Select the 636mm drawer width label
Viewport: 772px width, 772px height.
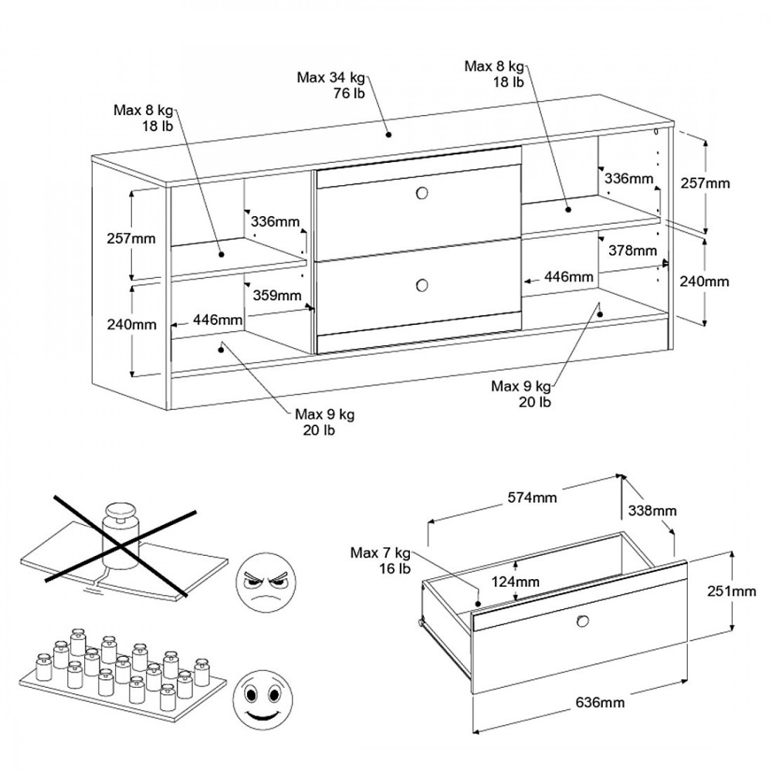600,703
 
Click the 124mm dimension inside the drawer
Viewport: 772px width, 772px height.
516,581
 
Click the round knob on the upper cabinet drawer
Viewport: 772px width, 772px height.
422,194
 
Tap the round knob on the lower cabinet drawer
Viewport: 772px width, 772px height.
422,285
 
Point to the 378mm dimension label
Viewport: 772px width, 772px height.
631,250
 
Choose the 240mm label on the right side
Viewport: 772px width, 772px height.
704,282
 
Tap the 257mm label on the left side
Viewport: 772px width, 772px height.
130,238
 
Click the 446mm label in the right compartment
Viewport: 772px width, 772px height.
568,276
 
